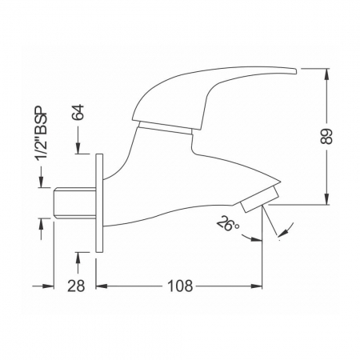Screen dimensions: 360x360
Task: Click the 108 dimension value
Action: (x=180, y=286)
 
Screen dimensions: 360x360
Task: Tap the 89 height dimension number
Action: (x=326, y=137)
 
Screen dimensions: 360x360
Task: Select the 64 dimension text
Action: (x=78, y=113)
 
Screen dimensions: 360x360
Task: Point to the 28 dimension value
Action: (x=76, y=286)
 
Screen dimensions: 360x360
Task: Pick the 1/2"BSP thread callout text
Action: (x=42, y=134)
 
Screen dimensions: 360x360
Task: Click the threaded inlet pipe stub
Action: (x=74, y=203)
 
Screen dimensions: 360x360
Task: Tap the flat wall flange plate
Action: (x=99, y=203)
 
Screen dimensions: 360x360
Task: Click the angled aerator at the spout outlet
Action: (x=259, y=199)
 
